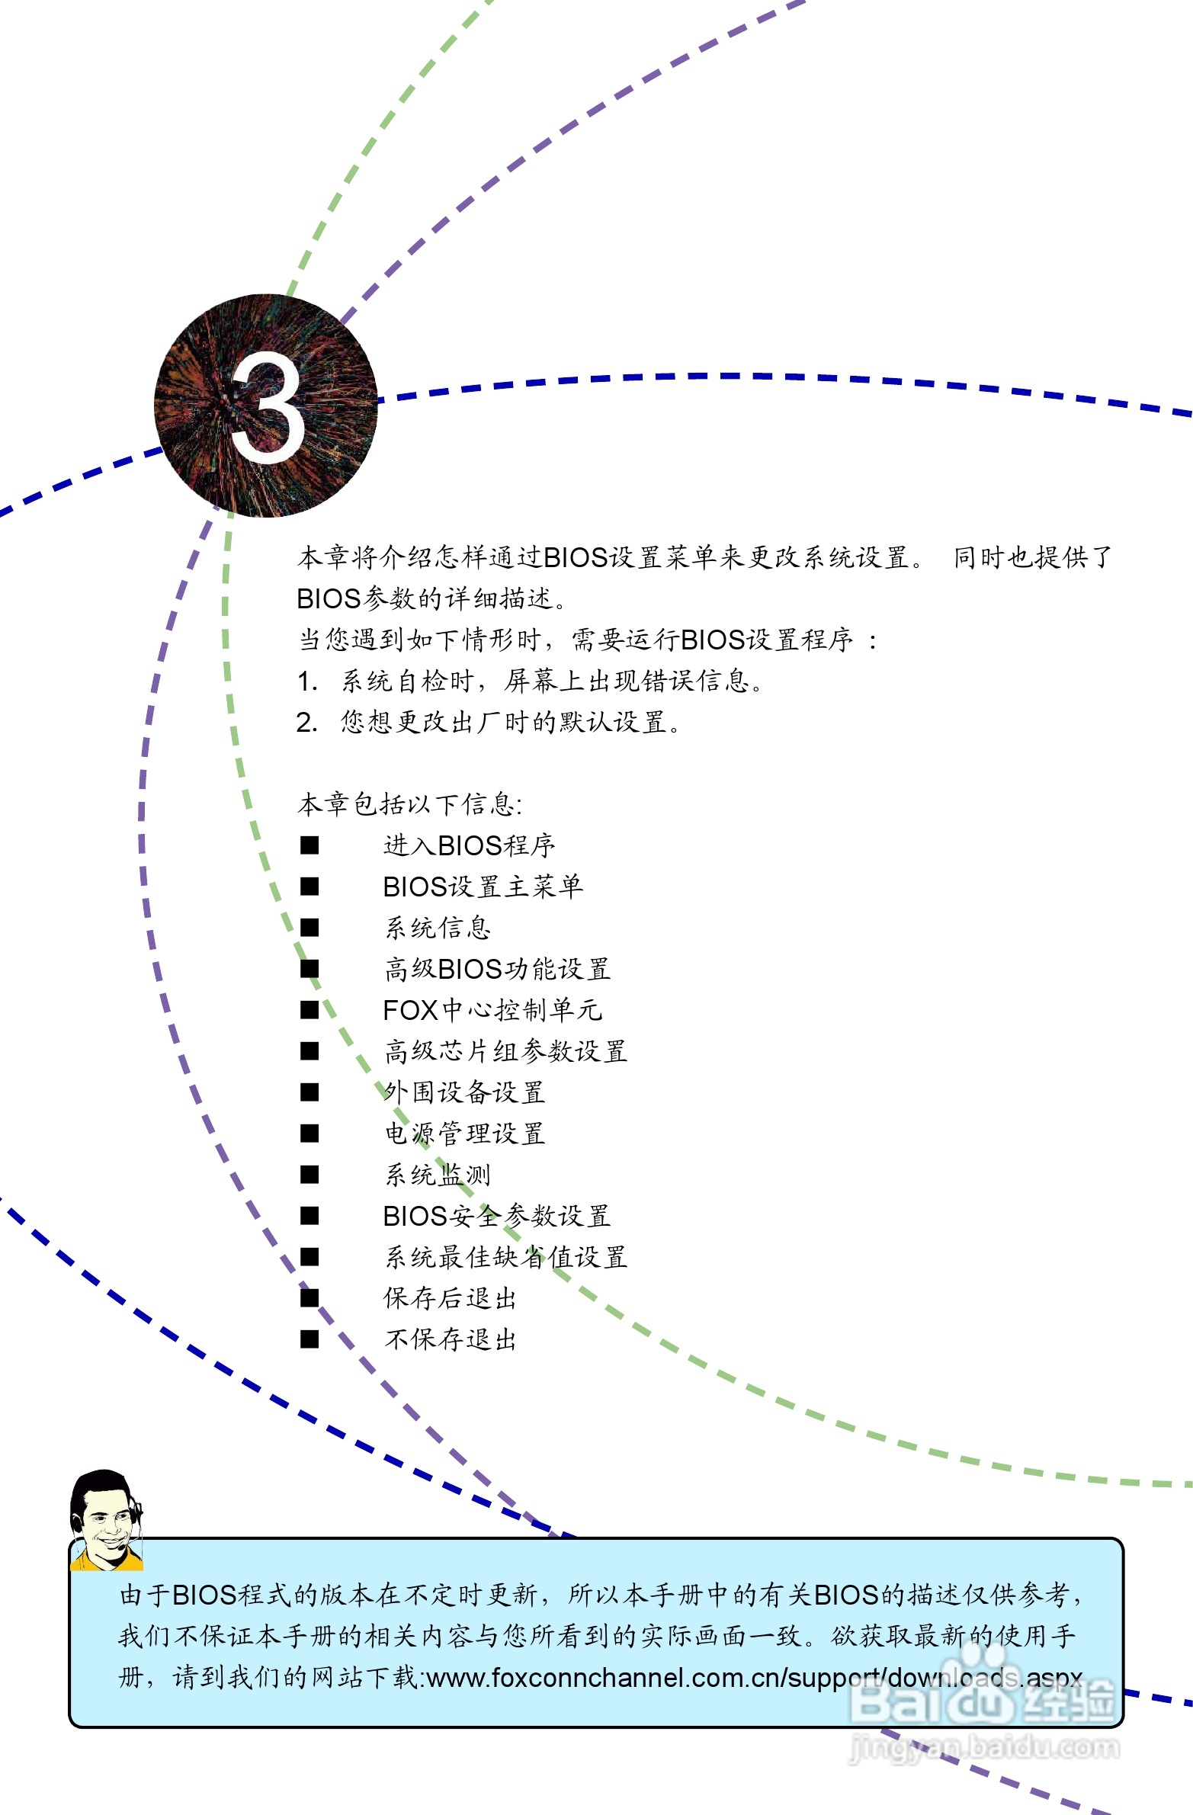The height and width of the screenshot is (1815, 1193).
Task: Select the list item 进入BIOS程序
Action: click(x=468, y=845)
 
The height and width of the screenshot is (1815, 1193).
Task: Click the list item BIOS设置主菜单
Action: click(x=482, y=886)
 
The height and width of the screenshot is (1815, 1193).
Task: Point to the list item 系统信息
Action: click(x=437, y=928)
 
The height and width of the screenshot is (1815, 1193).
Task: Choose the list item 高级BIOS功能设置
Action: click(x=496, y=969)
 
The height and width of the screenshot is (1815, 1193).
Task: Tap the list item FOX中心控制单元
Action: click(x=492, y=1010)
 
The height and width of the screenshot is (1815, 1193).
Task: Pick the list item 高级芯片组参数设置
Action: click(x=505, y=1051)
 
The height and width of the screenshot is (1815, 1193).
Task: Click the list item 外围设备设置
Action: click(x=463, y=1092)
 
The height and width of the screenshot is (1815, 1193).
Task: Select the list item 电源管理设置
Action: click(x=463, y=1134)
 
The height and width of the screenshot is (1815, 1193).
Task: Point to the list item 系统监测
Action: click(x=437, y=1175)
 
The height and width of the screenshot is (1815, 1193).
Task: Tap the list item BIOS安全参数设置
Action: click(x=496, y=1216)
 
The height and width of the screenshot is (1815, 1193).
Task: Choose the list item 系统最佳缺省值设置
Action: click(x=505, y=1257)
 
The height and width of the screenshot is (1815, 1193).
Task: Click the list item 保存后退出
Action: click(x=450, y=1298)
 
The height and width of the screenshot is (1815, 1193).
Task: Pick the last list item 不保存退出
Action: click(x=450, y=1339)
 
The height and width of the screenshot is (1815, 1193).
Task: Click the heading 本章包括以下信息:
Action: click(x=409, y=803)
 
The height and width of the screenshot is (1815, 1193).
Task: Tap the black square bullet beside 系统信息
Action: click(x=309, y=928)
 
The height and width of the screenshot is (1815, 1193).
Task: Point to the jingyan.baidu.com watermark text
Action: click(x=984, y=1746)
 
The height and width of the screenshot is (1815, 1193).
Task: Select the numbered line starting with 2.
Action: click(x=488, y=721)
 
